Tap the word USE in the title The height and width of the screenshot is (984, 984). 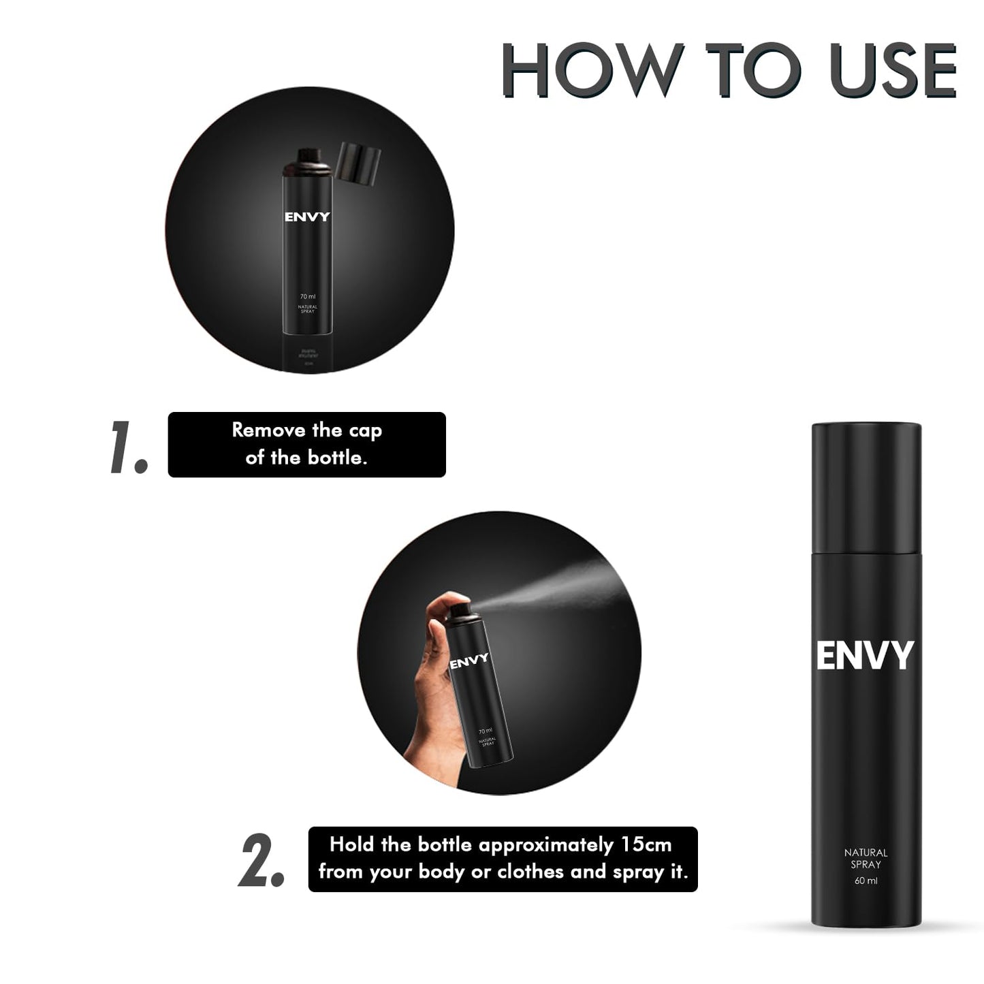[893, 70]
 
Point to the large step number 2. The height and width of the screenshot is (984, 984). [261, 860]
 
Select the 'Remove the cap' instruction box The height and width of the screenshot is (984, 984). [306, 444]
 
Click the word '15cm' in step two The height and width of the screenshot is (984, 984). [646, 844]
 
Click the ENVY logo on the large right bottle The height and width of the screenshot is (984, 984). [865, 655]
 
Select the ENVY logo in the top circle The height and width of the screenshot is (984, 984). [307, 217]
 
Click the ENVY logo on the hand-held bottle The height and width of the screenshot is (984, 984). [469, 661]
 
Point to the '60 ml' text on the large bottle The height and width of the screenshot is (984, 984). [866, 880]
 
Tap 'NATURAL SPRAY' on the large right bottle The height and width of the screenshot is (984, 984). [866, 858]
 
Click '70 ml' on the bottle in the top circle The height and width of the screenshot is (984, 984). [307, 296]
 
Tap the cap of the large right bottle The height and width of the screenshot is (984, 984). [866, 487]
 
